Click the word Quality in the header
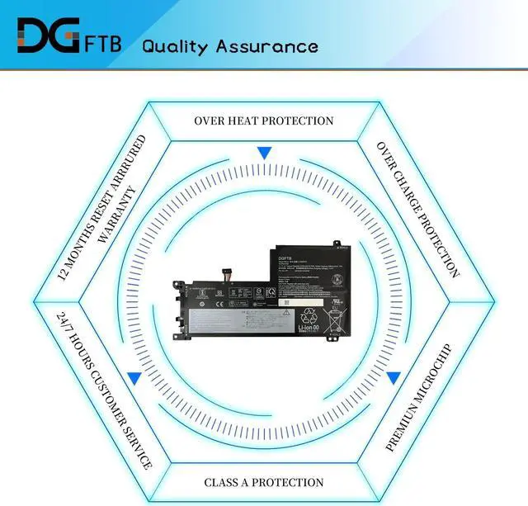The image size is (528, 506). [x=175, y=45]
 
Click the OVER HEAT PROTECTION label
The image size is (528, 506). [x=263, y=121]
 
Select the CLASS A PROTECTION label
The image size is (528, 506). [x=263, y=482]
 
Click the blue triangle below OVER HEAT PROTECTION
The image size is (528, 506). [x=263, y=153]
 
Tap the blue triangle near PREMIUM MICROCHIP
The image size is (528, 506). [x=394, y=378]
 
